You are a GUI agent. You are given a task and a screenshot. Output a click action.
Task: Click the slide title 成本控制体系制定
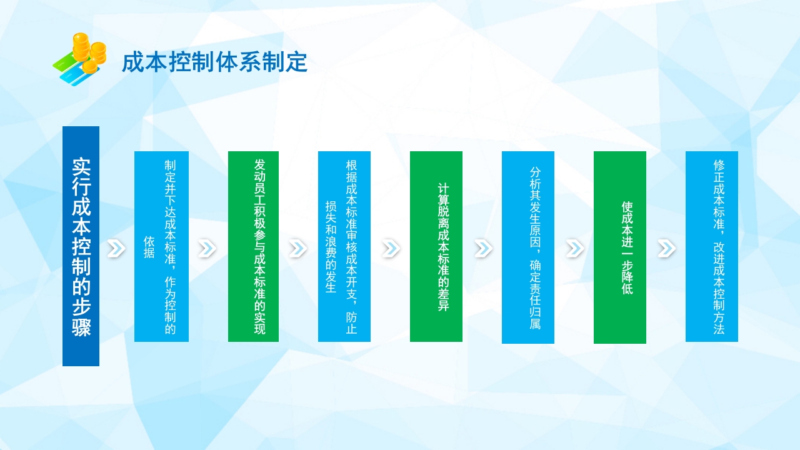pyautogui.click(x=214, y=63)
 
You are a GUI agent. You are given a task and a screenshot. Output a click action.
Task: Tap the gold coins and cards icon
pyautogui.click(x=79, y=59)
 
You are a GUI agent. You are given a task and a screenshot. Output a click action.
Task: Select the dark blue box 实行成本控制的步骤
pyautogui.click(x=81, y=246)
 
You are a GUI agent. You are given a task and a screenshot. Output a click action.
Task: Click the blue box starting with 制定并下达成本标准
pyautogui.click(x=161, y=246)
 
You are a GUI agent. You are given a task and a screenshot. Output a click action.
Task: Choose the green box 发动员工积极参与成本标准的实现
pyautogui.click(x=253, y=246)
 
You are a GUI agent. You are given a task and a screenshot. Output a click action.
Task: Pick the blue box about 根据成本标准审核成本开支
pyautogui.click(x=344, y=246)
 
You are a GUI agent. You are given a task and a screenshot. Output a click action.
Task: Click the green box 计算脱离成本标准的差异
pyautogui.click(x=436, y=246)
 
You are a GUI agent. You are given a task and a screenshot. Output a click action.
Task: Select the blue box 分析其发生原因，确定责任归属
pyautogui.click(x=528, y=247)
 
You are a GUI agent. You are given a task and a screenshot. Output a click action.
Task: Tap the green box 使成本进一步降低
pyautogui.click(x=620, y=247)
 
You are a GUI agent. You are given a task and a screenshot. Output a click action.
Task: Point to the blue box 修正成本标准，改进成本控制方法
pyautogui.click(x=712, y=246)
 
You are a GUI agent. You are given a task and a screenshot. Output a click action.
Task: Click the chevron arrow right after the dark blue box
pyautogui.click(x=116, y=249)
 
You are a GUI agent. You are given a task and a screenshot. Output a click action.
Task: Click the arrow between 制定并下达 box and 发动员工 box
pyautogui.click(x=207, y=249)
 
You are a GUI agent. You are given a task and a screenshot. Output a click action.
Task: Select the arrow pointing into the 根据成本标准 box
pyautogui.click(x=298, y=249)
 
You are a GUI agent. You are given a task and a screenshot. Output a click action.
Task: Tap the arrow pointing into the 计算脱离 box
pyautogui.click(x=391, y=249)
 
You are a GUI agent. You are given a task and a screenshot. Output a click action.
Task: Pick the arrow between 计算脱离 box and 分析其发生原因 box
pyautogui.click(x=482, y=249)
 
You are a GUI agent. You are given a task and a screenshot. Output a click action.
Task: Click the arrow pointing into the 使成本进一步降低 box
pyautogui.click(x=574, y=249)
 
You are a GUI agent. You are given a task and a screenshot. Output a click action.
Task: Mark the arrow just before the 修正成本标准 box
pyautogui.click(x=666, y=249)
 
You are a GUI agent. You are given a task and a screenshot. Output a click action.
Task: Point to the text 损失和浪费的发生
pyautogui.click(x=331, y=247)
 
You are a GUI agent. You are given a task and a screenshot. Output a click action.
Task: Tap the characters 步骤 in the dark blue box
pyautogui.click(x=81, y=316)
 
